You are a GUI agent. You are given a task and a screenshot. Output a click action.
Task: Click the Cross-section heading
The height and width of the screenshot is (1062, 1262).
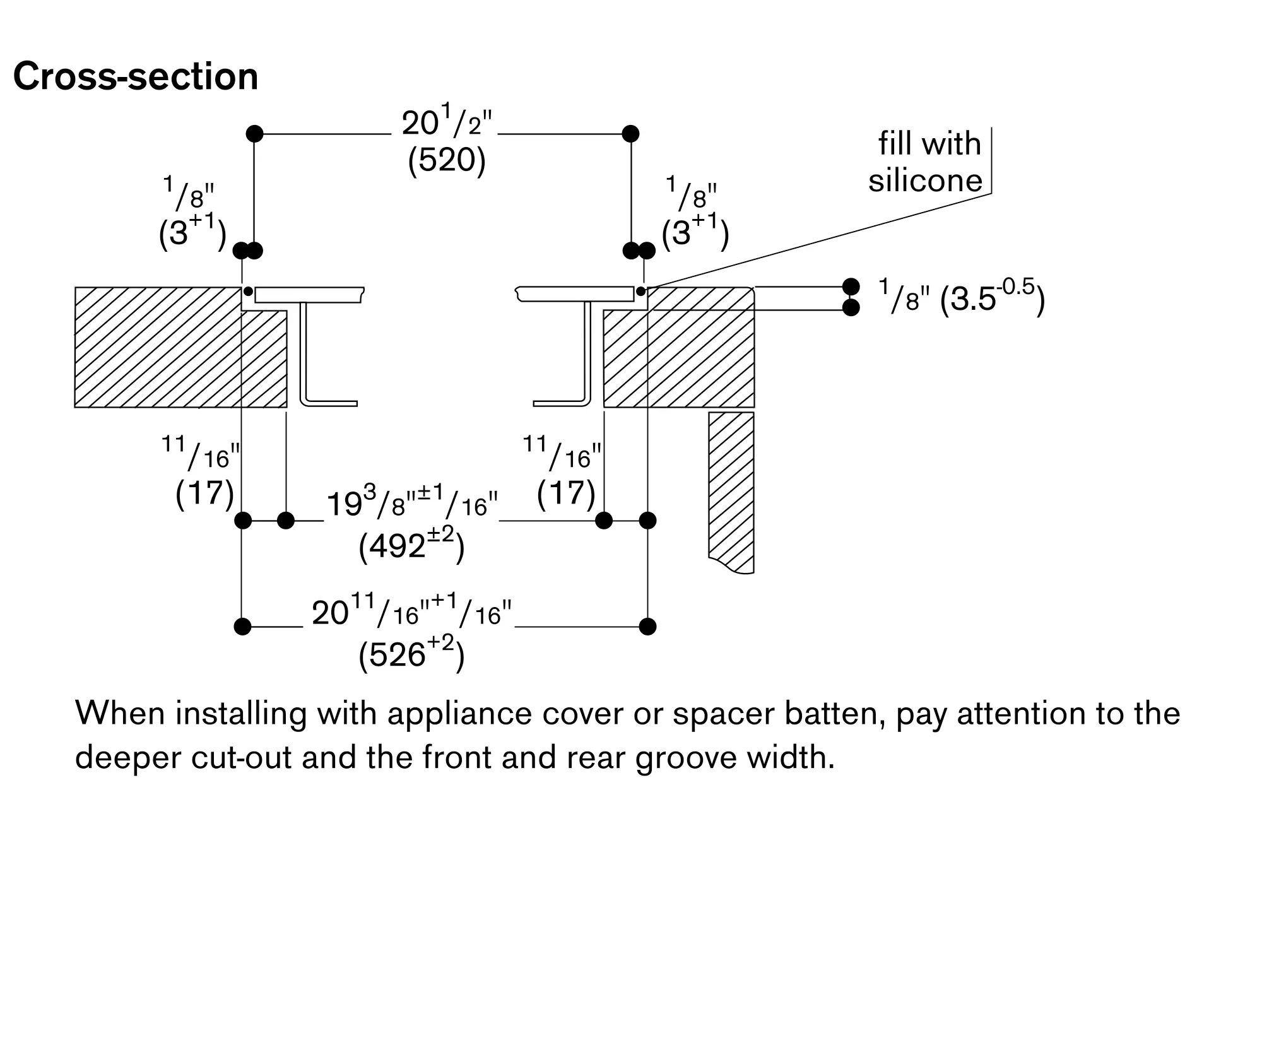click(x=136, y=77)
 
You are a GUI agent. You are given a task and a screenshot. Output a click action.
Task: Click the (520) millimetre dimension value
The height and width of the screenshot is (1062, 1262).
click(x=447, y=161)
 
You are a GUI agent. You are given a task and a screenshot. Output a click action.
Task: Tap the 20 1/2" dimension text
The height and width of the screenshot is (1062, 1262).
click(x=446, y=123)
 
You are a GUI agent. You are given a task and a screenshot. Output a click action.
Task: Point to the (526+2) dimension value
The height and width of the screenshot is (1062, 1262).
click(x=411, y=654)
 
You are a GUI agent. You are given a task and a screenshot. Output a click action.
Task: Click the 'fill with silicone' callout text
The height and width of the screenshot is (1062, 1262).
click(x=926, y=162)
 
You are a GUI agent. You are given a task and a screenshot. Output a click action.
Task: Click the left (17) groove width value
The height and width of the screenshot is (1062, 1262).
click(x=205, y=492)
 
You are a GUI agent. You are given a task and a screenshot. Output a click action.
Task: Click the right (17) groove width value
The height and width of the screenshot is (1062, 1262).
click(x=566, y=492)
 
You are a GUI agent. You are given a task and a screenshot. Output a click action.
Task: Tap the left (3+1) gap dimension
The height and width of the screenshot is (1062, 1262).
click(x=192, y=232)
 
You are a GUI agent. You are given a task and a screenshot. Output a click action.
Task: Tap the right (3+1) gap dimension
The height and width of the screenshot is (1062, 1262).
click(x=695, y=232)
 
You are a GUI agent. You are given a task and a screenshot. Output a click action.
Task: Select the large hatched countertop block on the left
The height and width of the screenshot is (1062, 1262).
click(x=158, y=347)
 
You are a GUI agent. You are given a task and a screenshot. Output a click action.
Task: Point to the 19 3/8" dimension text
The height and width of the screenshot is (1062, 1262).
click(x=411, y=504)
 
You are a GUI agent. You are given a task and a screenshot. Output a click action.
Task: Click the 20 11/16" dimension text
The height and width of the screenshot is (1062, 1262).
click(x=411, y=613)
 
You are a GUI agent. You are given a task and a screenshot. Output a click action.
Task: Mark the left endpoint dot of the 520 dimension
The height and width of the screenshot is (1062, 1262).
click(x=254, y=134)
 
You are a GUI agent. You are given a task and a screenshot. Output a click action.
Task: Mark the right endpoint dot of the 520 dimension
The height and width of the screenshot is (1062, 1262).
click(x=630, y=134)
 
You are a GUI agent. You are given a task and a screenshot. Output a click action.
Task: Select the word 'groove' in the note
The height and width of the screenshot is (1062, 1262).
click(x=687, y=757)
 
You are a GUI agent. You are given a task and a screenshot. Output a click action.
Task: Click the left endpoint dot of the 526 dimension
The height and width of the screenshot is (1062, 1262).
click(x=242, y=627)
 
